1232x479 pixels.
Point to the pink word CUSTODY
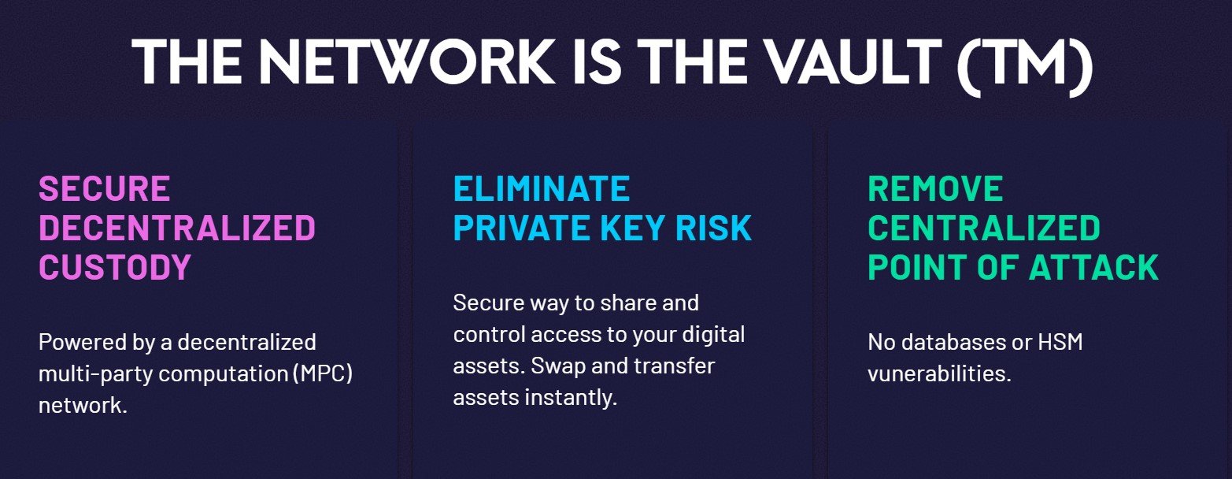pyautogui.click(x=115, y=267)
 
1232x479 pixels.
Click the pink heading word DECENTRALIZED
pyautogui.click(x=177, y=228)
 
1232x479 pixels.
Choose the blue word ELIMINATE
pyautogui.click(x=541, y=189)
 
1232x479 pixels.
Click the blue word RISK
pyautogui.click(x=713, y=228)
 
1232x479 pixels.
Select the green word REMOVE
pyautogui.click(x=935, y=189)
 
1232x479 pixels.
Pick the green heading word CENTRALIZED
pyautogui.click(x=984, y=228)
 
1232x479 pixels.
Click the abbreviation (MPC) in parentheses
pyautogui.click(x=323, y=374)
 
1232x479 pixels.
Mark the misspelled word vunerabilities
pyautogui.click(x=940, y=374)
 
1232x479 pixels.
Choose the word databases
pyautogui.click(x=953, y=343)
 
